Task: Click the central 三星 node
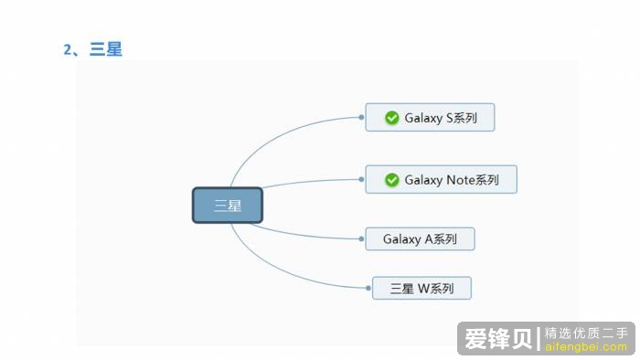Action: [x=227, y=205]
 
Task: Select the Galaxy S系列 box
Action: [x=430, y=117]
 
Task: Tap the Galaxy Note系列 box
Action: [x=441, y=179]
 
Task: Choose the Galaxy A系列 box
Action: [x=420, y=239]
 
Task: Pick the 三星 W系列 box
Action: [x=421, y=289]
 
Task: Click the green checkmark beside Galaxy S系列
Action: [x=391, y=118]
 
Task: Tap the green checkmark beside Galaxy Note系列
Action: [x=391, y=180]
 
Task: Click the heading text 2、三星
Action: [x=92, y=49]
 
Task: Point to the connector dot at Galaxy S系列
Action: [x=362, y=118]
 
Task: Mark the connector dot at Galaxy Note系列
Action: [x=362, y=180]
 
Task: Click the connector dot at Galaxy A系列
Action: [x=362, y=239]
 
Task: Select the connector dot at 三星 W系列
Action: [x=368, y=289]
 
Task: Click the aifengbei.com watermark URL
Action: [x=585, y=347]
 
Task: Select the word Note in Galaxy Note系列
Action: [x=460, y=180]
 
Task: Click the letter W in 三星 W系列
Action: [x=423, y=289]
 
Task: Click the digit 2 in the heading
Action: [x=67, y=49]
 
